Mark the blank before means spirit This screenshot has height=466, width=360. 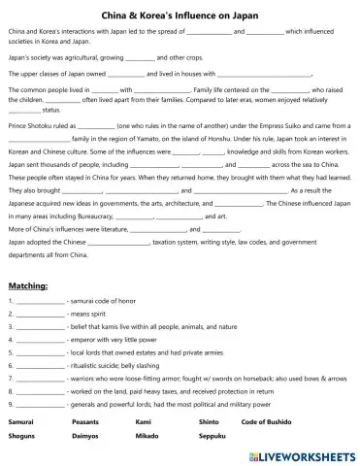[41, 316]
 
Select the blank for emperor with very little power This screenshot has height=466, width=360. [41, 341]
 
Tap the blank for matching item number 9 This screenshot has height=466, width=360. [41, 402]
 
